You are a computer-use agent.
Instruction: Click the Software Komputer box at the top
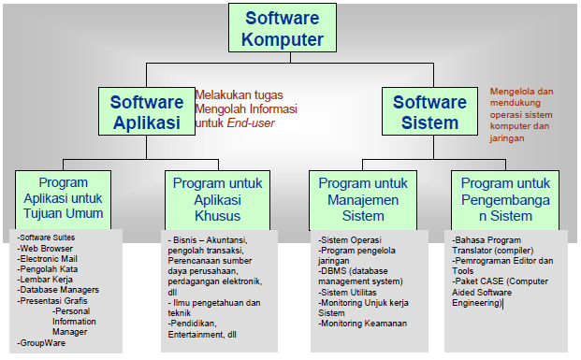pos(283,28)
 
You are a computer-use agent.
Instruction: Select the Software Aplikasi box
pos(146,112)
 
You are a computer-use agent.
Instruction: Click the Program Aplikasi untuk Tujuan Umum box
pos(64,198)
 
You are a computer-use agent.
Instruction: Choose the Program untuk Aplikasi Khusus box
pos(217,198)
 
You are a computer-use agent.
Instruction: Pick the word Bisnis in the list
pos(185,240)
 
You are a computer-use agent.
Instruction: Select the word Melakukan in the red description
pos(224,94)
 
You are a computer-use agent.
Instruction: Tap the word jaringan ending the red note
pos(508,137)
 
